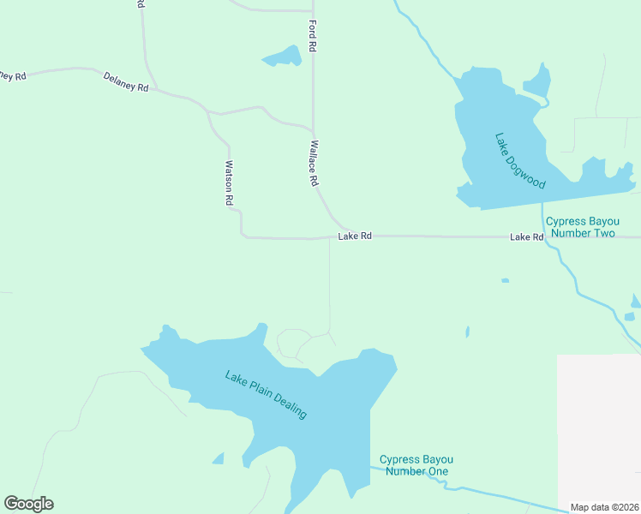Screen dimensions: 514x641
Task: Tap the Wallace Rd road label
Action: pyautogui.click(x=314, y=164)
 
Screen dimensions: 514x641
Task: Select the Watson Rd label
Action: pyautogui.click(x=229, y=183)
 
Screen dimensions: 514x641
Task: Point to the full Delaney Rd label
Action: pyautogui.click(x=126, y=82)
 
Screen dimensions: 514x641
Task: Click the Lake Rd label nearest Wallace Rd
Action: pyautogui.click(x=355, y=236)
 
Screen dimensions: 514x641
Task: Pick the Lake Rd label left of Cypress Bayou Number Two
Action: pyautogui.click(x=526, y=236)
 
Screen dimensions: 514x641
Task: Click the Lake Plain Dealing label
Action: pyautogui.click(x=266, y=394)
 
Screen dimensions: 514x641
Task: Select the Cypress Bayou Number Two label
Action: pyautogui.click(x=580, y=226)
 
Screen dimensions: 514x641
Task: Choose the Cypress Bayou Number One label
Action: pyautogui.click(x=415, y=465)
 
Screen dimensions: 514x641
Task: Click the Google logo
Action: pyautogui.click(x=28, y=504)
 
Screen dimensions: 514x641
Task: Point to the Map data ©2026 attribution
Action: pyautogui.click(x=604, y=507)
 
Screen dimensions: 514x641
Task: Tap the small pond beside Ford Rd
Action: pyautogui.click(x=283, y=57)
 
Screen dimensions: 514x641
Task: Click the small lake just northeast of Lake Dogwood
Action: pyautogui.click(x=536, y=81)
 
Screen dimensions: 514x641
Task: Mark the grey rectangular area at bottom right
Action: pyautogui.click(x=598, y=428)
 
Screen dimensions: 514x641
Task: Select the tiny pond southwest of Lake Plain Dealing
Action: pyautogui.click(x=218, y=459)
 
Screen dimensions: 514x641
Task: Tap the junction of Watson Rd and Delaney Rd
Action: pyautogui.click(x=208, y=111)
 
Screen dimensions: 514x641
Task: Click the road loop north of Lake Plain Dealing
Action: pyautogui.click(x=294, y=343)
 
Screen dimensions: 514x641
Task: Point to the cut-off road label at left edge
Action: pyautogui.click(x=13, y=75)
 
